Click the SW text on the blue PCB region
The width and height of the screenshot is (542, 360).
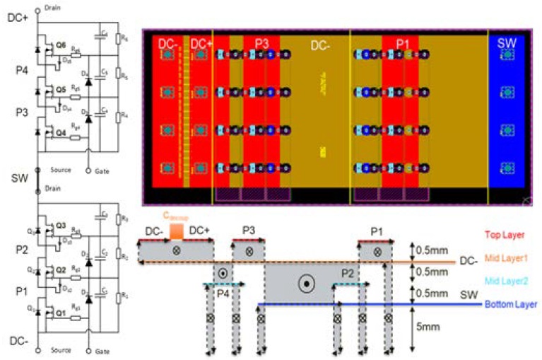tap(506, 43)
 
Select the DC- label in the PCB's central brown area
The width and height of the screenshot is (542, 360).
tap(323, 44)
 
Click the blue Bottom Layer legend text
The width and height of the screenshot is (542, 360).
tap(510, 305)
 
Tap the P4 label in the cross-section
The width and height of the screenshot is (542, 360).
tap(222, 293)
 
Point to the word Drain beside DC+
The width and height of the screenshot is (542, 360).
tap(52, 7)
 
